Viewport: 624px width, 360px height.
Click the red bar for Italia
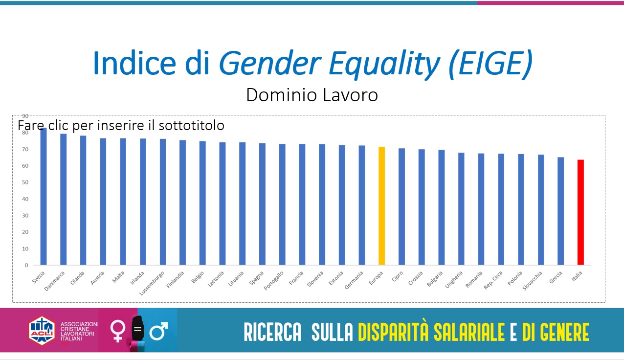(x=580, y=212)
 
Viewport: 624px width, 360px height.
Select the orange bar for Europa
(x=381, y=205)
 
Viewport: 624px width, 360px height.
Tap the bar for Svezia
(x=44, y=196)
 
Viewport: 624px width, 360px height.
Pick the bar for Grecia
(x=560, y=211)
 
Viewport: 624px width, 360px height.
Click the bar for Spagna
(x=262, y=204)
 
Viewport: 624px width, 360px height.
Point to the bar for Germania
(x=362, y=205)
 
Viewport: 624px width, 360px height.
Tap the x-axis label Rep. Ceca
(x=493, y=279)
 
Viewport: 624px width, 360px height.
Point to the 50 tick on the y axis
(x=25, y=182)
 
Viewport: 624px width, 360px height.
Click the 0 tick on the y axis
(x=26, y=265)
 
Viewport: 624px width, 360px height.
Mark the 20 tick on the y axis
(x=25, y=232)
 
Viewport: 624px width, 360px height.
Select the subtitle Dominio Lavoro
(x=312, y=95)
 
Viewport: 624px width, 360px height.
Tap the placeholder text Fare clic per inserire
(x=121, y=126)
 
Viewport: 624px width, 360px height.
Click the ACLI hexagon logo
(x=42, y=330)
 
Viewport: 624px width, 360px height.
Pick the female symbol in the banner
(x=118, y=330)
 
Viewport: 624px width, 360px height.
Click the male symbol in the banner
(x=158, y=331)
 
